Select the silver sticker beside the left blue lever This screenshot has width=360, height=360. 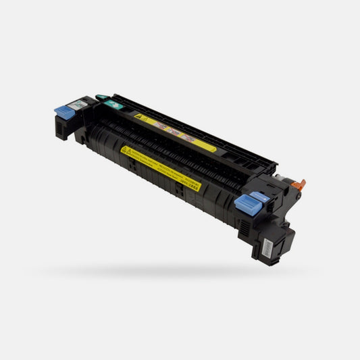click(78, 104)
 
